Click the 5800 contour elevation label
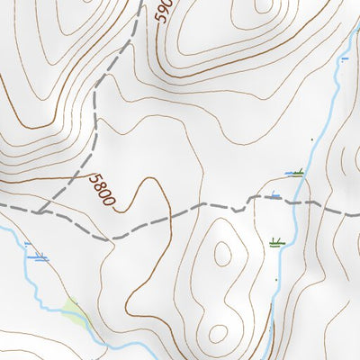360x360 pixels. pyautogui.click(x=103, y=190)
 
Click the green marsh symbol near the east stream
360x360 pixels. pyautogui.click(x=276, y=242)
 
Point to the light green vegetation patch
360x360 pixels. pyautogui.click(x=75, y=312)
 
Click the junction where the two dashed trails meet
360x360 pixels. pyautogui.click(x=40, y=211)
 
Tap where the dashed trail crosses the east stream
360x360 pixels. pyautogui.click(x=294, y=203)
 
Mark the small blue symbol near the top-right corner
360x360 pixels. pyautogui.click(x=344, y=59)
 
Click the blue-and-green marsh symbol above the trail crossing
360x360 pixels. pyautogui.click(x=294, y=172)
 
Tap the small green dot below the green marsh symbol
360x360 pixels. pyautogui.click(x=275, y=280)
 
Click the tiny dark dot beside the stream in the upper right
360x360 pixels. pyautogui.click(x=312, y=140)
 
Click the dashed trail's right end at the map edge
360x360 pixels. pyautogui.click(x=357, y=214)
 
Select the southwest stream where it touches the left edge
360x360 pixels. pyautogui.click(x=2, y=229)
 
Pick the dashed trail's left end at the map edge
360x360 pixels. pyautogui.click(x=2, y=206)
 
